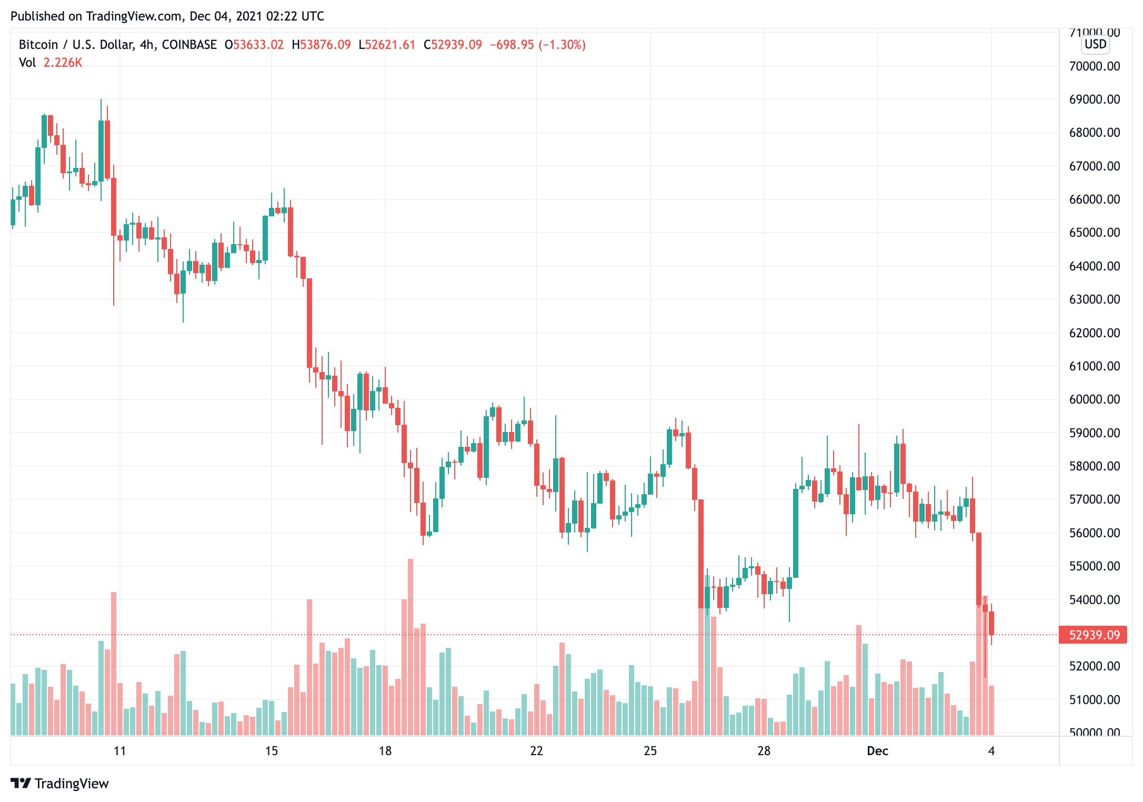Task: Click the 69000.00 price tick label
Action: click(x=1094, y=99)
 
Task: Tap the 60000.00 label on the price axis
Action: click(x=1094, y=399)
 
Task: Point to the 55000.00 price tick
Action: click(x=1094, y=566)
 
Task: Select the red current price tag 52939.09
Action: click(x=1093, y=635)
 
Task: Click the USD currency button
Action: click(x=1095, y=44)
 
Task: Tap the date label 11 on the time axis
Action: click(x=120, y=751)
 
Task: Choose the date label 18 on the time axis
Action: click(x=385, y=751)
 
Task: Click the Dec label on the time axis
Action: click(x=877, y=751)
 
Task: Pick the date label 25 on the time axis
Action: click(x=650, y=751)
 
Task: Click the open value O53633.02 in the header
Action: click(x=254, y=45)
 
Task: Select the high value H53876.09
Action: click(x=321, y=45)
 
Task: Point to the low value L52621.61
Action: click(x=387, y=45)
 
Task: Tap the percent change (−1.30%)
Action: click(x=562, y=45)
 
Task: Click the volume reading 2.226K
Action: click(x=63, y=63)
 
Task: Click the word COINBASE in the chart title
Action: click(x=189, y=45)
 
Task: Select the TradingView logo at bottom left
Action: click(x=59, y=784)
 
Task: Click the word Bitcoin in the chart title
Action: click(x=38, y=45)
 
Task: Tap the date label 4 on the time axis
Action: click(x=991, y=751)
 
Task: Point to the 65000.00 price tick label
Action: click(x=1094, y=233)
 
